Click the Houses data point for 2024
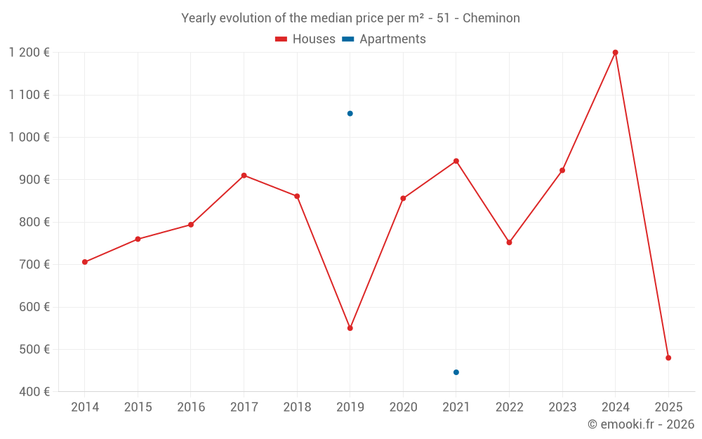tap(615, 53)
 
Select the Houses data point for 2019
tap(350, 328)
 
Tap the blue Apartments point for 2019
tap(350, 114)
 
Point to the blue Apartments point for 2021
tap(456, 372)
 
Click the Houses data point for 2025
tap(668, 358)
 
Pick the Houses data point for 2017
tap(244, 176)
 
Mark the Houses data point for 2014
tap(85, 262)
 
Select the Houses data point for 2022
tap(509, 242)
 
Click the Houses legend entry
tap(305, 39)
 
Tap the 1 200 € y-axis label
tap(29, 53)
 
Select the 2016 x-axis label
tap(191, 407)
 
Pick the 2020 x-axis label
tap(403, 407)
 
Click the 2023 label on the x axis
tap(562, 407)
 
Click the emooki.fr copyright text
tap(640, 424)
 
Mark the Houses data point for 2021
tap(456, 161)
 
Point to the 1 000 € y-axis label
tap(29, 137)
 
